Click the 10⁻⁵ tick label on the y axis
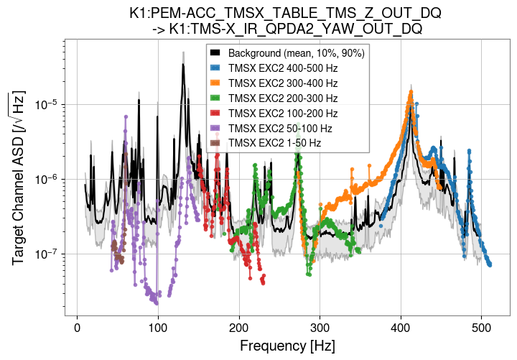coord(47,105)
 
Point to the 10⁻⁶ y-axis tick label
coord(47,180)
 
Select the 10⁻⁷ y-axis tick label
coord(47,254)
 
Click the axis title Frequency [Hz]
coord(287,346)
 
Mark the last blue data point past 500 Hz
coord(490,264)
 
